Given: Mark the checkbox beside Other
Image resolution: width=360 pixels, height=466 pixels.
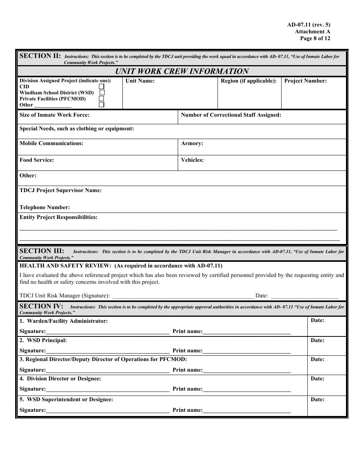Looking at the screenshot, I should pyautogui.click(x=102, y=105).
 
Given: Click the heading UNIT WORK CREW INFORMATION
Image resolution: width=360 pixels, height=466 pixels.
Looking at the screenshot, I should pyautogui.click(x=182, y=71).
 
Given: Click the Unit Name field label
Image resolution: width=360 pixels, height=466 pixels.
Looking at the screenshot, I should pyautogui.click(x=140, y=81).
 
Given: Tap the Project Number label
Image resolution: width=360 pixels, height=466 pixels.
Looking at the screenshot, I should pyautogui.click(x=305, y=81).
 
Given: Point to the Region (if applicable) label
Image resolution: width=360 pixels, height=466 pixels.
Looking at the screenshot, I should pyautogui.click(x=249, y=81).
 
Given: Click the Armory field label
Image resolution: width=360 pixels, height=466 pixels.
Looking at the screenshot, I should pyautogui.click(x=192, y=144).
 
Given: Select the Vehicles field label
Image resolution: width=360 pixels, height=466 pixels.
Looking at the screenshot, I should pyautogui.click(x=192, y=160).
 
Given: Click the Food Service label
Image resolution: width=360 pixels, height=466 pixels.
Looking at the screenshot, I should pyautogui.click(x=37, y=160).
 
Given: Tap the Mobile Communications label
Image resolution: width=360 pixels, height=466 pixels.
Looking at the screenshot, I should pyautogui.click(x=51, y=144).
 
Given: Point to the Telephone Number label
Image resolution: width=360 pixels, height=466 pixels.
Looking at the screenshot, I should pyautogui.click(x=45, y=207).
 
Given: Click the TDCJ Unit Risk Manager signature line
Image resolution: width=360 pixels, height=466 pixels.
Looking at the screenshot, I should pyautogui.click(x=183, y=296).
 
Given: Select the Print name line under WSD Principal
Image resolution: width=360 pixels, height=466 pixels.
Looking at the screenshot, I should pyautogui.click(x=247, y=351).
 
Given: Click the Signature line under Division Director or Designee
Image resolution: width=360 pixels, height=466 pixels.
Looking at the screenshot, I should pyautogui.click(x=108, y=389).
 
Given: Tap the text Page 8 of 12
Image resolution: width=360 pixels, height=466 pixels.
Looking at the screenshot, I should pyautogui.click(x=315, y=38).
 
